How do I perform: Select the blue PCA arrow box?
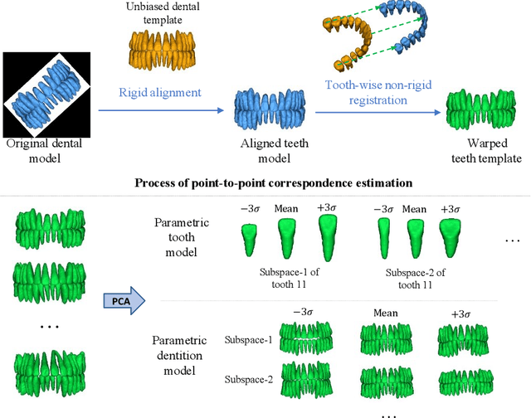122,299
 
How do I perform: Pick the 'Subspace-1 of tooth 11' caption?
290,277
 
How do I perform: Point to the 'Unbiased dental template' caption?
161,14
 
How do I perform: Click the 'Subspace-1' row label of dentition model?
246,339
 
